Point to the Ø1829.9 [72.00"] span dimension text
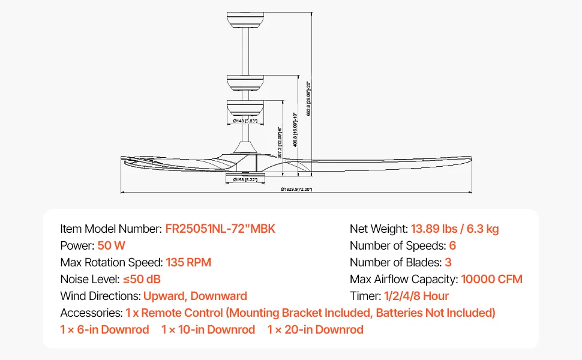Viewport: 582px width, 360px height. (x=296, y=190)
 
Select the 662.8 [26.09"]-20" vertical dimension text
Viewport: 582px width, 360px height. (x=308, y=98)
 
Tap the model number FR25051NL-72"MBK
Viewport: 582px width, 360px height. (x=220, y=229)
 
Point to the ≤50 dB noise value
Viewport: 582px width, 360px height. (x=142, y=279)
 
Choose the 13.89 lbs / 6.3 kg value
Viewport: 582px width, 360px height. (x=455, y=229)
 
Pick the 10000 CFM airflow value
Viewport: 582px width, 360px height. (x=491, y=279)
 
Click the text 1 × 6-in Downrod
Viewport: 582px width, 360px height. (x=104, y=329)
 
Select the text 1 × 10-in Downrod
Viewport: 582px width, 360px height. (x=208, y=329)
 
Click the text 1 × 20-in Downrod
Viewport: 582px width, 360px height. (x=316, y=329)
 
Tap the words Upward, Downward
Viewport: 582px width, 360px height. (x=195, y=296)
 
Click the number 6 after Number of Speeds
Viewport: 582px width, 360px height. (x=453, y=245)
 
